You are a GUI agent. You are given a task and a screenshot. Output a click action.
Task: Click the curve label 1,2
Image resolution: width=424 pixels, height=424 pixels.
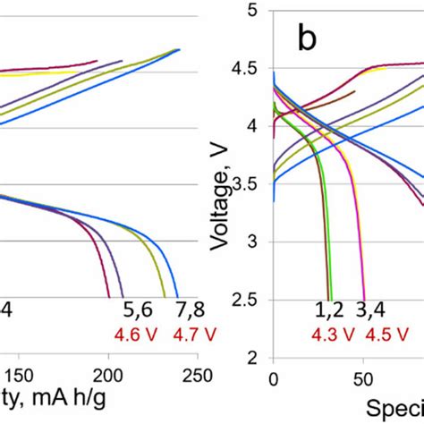point(330,312)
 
